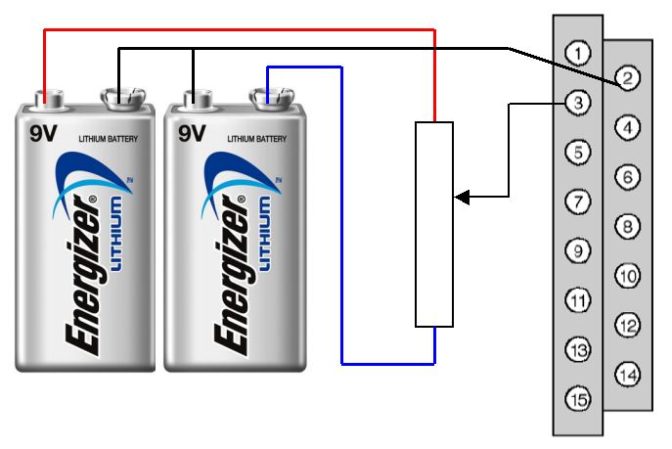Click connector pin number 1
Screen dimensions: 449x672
pyautogui.click(x=578, y=52)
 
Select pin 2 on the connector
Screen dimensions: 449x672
pyautogui.click(x=627, y=76)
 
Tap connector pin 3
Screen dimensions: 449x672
pyautogui.click(x=578, y=102)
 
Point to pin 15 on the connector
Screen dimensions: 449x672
pyautogui.click(x=578, y=398)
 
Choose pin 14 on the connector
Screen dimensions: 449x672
pyautogui.click(x=627, y=374)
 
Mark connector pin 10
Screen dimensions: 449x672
pyautogui.click(x=627, y=276)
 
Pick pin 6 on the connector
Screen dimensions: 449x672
pyautogui.click(x=627, y=176)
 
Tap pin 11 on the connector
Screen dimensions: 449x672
pyautogui.click(x=578, y=299)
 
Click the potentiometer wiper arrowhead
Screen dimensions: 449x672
pyautogui.click(x=461, y=199)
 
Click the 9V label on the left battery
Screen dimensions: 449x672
pyautogui.click(x=42, y=131)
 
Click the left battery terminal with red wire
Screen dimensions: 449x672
pyautogui.click(x=46, y=97)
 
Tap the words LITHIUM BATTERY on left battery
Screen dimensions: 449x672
pyautogui.click(x=108, y=139)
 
